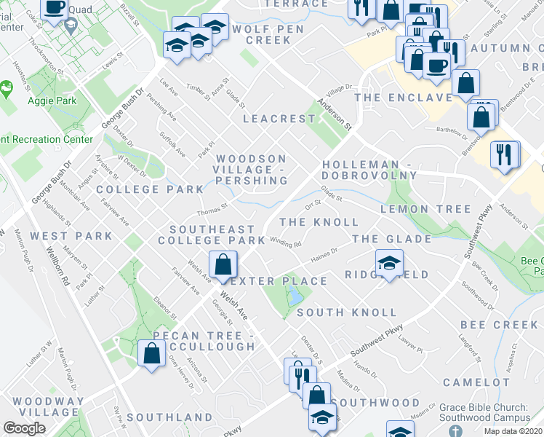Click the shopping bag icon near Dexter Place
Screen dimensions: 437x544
pos(223,263)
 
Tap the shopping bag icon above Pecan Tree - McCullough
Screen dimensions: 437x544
pos(151,353)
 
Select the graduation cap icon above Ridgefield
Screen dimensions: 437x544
pos(390,261)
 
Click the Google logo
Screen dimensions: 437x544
pos(25,428)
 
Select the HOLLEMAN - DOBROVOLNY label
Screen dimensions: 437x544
pos(369,170)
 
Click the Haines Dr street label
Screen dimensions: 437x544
pos(324,255)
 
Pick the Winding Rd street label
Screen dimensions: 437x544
pos(286,243)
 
